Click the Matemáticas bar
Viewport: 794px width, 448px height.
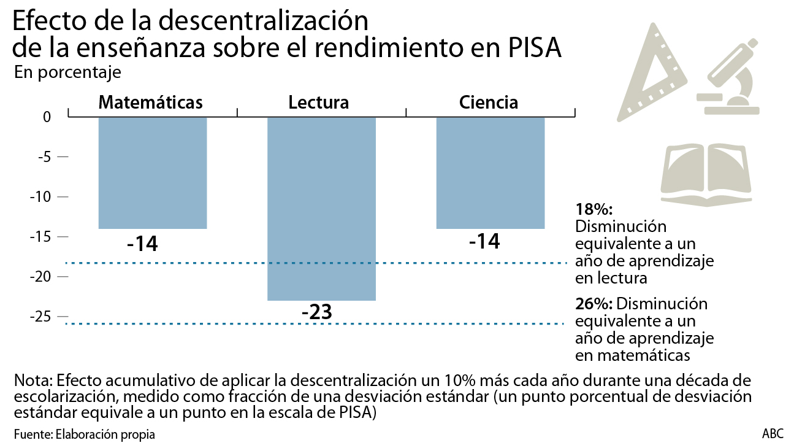pyautogui.click(x=153, y=172)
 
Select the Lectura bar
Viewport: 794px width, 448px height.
pyautogui.click(x=321, y=208)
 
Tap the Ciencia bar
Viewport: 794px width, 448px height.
pyautogui.click(x=491, y=172)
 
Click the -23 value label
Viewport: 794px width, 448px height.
pyautogui.click(x=316, y=312)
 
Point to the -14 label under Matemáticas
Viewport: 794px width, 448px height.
pyautogui.click(x=142, y=244)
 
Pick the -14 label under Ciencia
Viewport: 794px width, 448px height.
pyautogui.click(x=484, y=241)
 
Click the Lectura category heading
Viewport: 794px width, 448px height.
pyautogui.click(x=319, y=102)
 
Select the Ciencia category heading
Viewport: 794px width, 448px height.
pyautogui.click(x=489, y=102)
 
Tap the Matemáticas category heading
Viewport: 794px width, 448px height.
pyautogui.click(x=151, y=102)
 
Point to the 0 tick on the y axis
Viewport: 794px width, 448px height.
pyautogui.click(x=46, y=117)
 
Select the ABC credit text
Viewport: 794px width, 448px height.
pyautogui.click(x=773, y=434)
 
